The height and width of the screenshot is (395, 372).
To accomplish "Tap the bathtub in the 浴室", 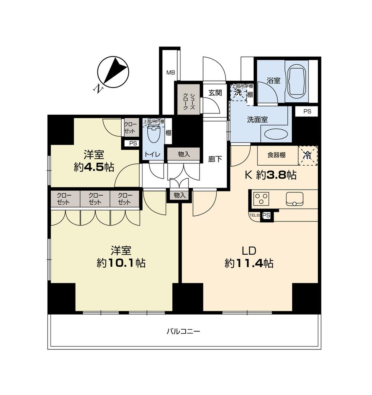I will click(x=296, y=81).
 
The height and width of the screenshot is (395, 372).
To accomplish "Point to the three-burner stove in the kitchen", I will click(x=261, y=198).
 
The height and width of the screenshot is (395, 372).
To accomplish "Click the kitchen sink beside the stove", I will click(x=295, y=198).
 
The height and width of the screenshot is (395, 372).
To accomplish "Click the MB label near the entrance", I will click(x=170, y=73).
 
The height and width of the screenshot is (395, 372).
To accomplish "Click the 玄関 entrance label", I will click(x=215, y=93).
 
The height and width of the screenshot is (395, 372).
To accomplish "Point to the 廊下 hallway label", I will click(x=215, y=159).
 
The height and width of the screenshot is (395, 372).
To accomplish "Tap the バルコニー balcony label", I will click(x=183, y=331).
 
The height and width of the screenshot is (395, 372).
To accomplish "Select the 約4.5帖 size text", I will click(x=94, y=168).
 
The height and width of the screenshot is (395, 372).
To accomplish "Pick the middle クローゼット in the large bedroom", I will click(x=95, y=199).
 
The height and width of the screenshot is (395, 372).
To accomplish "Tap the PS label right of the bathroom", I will click(x=307, y=111).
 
